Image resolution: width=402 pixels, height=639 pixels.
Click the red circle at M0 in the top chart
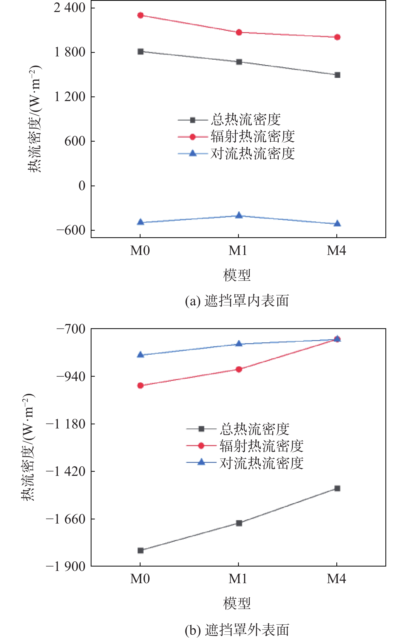pos(141,15)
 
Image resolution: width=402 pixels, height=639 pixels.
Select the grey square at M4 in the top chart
pos(337,75)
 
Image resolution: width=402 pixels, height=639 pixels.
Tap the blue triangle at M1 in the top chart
pos(239,215)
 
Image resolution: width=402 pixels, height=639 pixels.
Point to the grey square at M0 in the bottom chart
pos(141,550)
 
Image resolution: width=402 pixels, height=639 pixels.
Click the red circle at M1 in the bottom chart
pos(239,369)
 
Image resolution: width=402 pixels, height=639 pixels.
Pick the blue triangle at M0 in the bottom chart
pos(141,355)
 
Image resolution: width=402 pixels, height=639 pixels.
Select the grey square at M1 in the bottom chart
pos(239,523)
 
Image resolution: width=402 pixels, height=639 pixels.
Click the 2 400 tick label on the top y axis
pos(69,8)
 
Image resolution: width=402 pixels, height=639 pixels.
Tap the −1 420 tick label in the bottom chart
pos(66,471)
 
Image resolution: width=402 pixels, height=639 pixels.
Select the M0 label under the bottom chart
pos(140,579)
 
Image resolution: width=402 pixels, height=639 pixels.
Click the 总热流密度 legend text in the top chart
pos(246,120)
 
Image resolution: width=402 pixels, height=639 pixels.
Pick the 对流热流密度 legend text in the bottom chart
pos(261,463)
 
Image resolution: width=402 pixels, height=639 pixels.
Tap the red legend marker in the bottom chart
pos(201,446)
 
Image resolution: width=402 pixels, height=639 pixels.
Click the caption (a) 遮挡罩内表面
pos(237,301)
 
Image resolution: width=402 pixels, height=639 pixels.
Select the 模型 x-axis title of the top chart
pos(237,275)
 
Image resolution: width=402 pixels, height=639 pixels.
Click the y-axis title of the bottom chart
pos(28,447)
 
